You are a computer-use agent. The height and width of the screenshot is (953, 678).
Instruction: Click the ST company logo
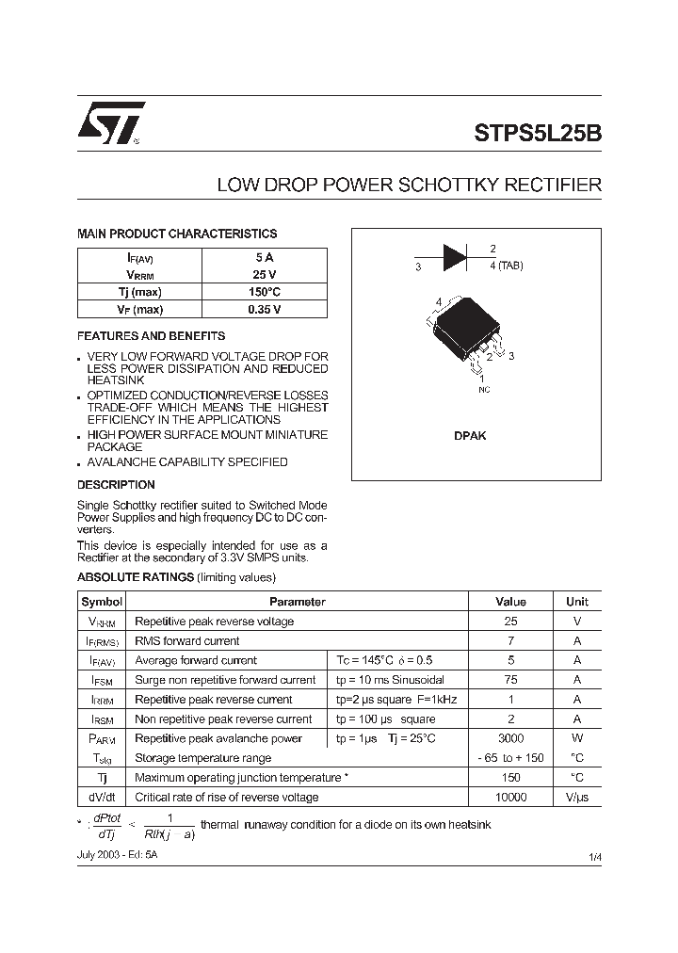click(110, 122)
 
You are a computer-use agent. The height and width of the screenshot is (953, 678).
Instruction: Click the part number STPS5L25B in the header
click(537, 133)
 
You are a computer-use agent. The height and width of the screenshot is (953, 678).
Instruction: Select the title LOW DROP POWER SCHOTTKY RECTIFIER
click(409, 186)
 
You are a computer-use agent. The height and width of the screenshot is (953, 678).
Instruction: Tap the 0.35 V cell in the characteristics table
click(264, 309)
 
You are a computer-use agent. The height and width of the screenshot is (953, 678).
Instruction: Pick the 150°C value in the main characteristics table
click(264, 292)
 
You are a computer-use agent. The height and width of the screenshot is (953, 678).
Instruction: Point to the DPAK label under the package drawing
click(470, 436)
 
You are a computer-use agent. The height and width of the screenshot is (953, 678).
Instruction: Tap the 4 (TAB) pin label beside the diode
click(506, 266)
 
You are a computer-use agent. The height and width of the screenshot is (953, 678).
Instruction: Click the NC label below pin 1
click(484, 389)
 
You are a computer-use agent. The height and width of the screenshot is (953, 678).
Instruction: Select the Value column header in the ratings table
click(510, 602)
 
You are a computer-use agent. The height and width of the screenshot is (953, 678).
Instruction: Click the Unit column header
click(576, 602)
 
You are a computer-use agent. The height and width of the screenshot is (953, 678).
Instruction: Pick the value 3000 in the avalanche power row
click(510, 738)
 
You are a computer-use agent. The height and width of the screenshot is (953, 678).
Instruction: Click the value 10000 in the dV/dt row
click(510, 798)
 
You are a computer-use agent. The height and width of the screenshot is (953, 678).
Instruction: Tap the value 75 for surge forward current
click(510, 680)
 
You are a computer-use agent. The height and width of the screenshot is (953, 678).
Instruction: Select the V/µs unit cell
click(576, 798)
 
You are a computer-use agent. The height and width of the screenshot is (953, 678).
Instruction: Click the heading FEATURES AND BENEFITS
click(151, 336)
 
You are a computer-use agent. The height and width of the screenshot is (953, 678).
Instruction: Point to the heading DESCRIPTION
click(116, 485)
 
